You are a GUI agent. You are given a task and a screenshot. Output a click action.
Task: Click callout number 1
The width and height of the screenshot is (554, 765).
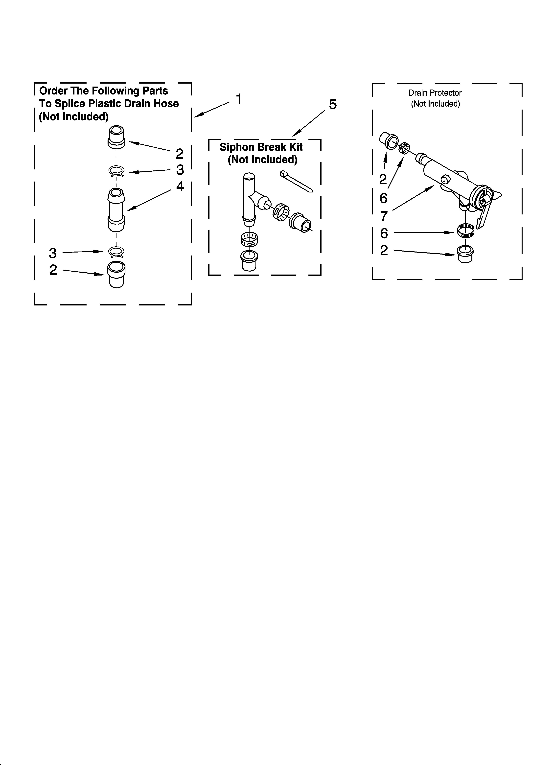point(239,99)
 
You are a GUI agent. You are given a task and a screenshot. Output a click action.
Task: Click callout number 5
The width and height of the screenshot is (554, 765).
point(333,105)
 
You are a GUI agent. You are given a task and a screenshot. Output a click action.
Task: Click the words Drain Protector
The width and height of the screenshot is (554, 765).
point(435,93)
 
